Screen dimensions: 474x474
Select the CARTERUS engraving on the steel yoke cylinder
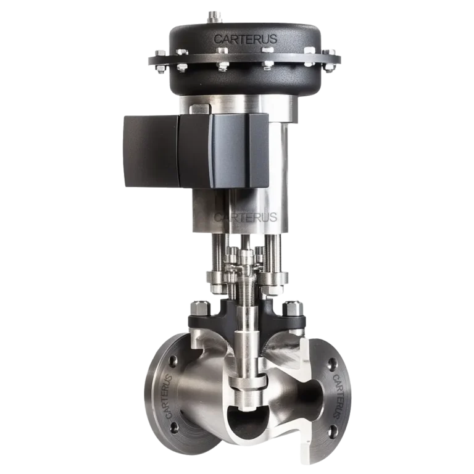click(244, 217)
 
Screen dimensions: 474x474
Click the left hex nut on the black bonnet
click(201, 306)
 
